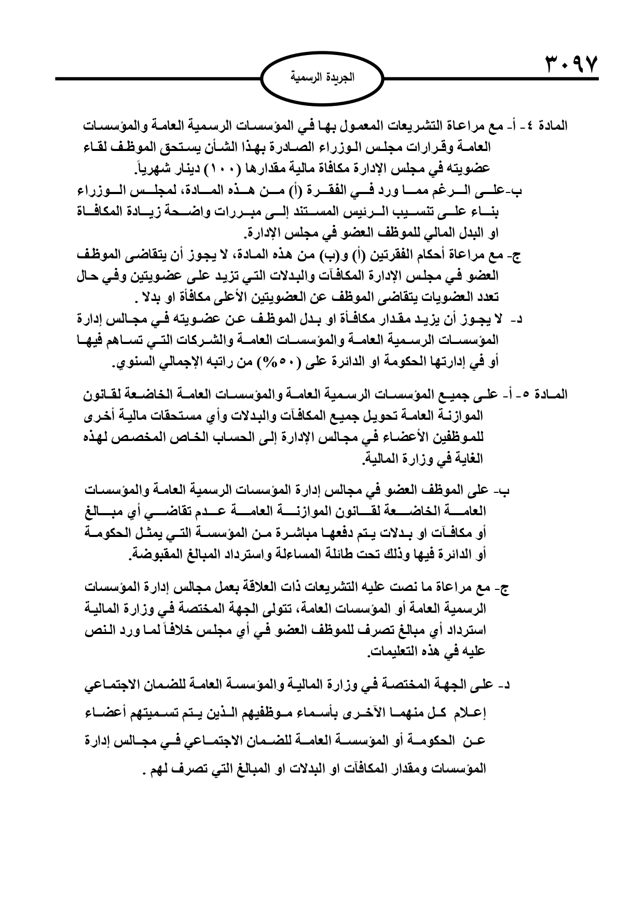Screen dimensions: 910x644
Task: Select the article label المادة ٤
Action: click(x=551, y=126)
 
